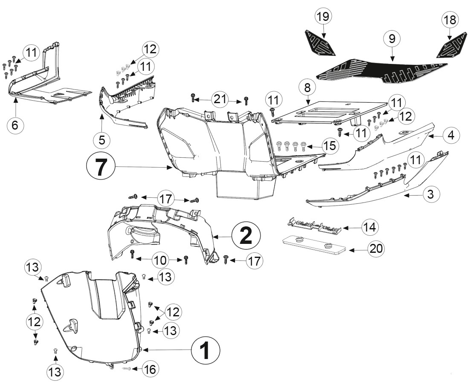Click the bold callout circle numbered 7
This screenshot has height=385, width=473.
click(101, 168)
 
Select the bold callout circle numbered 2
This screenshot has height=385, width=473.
click(246, 236)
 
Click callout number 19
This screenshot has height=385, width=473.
click(323, 16)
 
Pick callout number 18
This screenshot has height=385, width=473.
click(450, 20)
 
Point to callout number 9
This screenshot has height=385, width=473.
click(392, 39)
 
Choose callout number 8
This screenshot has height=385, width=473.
click(308, 87)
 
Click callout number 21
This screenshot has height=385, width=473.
click(220, 99)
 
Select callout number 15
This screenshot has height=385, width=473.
click(330, 146)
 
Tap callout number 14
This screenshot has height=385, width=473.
click(370, 227)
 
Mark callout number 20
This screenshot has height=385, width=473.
click(376, 249)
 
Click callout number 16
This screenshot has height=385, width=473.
click(150, 369)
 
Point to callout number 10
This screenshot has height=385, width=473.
click(160, 260)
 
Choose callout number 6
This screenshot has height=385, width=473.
click(15, 124)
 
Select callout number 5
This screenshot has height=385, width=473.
click(102, 140)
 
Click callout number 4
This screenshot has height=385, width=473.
click(451, 135)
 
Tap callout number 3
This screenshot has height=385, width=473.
click(430, 194)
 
